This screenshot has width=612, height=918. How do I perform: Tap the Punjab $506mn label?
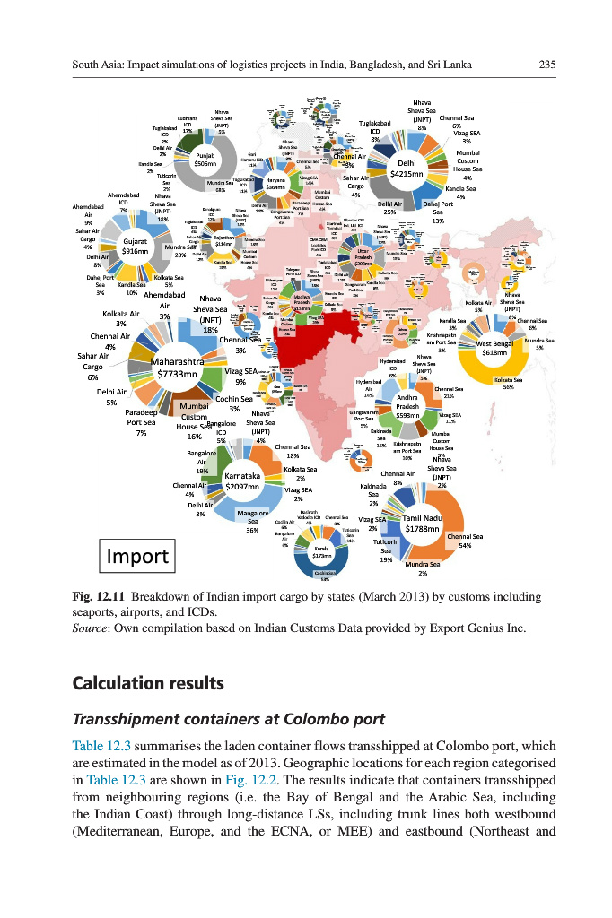click(205, 159)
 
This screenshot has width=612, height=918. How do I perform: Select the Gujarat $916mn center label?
click(135, 247)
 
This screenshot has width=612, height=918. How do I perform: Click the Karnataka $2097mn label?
click(242, 481)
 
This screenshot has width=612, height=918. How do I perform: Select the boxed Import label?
click(139, 556)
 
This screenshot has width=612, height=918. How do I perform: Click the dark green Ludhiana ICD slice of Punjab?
click(188, 142)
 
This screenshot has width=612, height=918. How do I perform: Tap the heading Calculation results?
click(147, 682)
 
